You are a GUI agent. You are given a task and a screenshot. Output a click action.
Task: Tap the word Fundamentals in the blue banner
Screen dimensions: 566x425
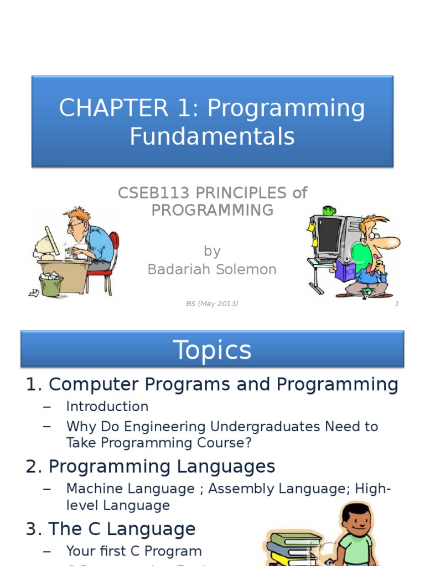click(212, 137)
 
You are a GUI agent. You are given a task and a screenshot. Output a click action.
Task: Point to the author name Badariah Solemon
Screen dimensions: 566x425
click(212, 269)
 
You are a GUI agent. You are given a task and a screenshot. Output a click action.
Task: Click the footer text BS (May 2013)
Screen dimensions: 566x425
click(212, 303)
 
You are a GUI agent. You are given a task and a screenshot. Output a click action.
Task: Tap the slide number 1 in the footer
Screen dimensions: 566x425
click(397, 303)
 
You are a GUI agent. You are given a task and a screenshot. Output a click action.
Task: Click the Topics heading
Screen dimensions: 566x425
click(212, 350)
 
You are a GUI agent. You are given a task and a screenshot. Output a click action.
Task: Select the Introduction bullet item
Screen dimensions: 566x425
click(107, 407)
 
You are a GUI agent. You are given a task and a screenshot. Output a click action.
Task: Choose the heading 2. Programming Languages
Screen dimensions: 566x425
click(151, 467)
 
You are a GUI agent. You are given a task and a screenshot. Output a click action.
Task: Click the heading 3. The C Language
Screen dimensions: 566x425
click(111, 529)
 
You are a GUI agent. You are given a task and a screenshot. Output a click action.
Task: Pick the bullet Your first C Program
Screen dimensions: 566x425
click(134, 551)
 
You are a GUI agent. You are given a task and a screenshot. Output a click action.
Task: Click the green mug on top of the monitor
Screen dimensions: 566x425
click(329, 211)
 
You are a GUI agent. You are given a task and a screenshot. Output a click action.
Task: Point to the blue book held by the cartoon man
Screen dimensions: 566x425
click(345, 271)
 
